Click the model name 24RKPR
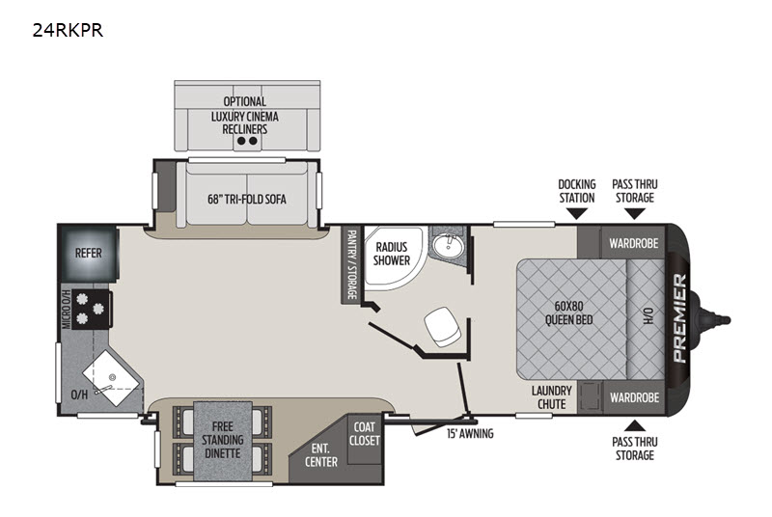[x=68, y=31]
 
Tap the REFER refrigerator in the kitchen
[x=89, y=254]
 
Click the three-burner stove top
[x=91, y=309]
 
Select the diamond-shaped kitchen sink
[x=111, y=378]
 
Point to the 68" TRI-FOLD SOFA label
[x=247, y=200]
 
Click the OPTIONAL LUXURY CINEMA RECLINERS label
[x=245, y=116]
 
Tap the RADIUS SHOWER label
[x=392, y=254]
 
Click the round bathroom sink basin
[x=448, y=245]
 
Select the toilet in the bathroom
[x=443, y=326]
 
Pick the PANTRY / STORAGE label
[x=351, y=264]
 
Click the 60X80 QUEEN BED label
[x=568, y=313]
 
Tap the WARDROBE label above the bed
[x=634, y=243]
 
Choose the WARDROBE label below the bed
[x=634, y=397]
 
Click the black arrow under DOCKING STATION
[x=576, y=213]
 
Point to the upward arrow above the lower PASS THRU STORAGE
[x=635, y=425]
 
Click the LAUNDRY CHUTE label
[x=551, y=397]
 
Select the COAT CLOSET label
[x=365, y=433]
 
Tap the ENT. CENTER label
[x=321, y=455]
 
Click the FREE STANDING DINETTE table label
[x=223, y=440]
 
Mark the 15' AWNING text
[x=470, y=434]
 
